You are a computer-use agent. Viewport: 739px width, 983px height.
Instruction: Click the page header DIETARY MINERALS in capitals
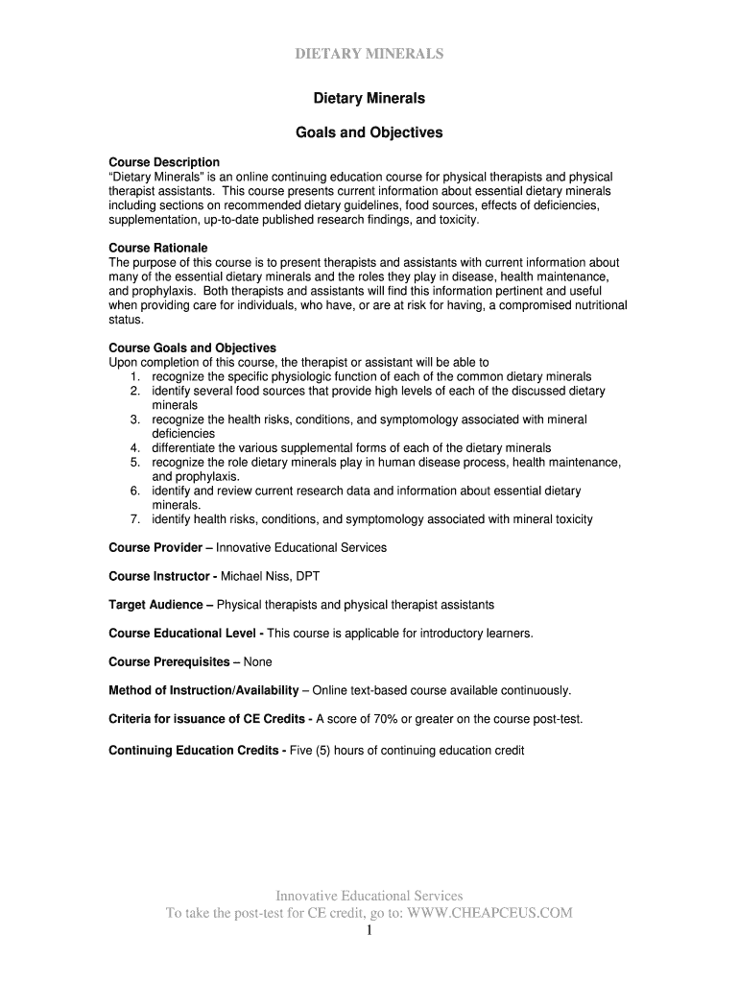(x=369, y=54)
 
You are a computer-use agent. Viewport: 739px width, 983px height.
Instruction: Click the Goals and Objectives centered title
(x=369, y=132)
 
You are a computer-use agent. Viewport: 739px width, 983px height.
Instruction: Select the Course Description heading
(x=164, y=162)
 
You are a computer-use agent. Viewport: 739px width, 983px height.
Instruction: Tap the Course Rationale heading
(x=158, y=248)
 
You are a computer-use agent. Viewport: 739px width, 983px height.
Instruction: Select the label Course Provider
(x=155, y=547)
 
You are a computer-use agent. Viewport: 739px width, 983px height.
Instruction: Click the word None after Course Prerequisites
(x=258, y=661)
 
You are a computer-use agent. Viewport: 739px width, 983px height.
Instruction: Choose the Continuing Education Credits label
(x=195, y=750)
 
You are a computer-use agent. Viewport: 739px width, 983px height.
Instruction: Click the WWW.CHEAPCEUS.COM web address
(x=489, y=913)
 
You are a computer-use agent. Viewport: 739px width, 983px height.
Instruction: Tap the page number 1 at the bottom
(x=369, y=931)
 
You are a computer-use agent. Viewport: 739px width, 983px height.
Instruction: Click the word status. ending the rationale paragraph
(x=126, y=320)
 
